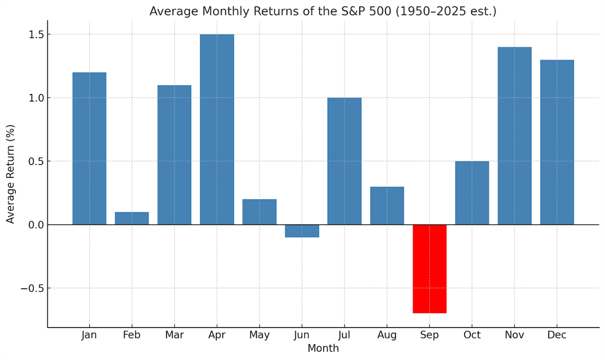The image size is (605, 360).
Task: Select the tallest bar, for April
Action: [x=217, y=129]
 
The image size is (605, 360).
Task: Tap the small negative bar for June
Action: [x=302, y=231]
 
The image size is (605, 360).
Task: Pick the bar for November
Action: [x=514, y=136]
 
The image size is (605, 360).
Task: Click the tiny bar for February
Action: [x=132, y=218]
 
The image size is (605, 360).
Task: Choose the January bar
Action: [x=89, y=148]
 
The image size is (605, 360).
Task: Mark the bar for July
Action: [x=344, y=161]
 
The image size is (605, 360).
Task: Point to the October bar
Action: [x=472, y=193]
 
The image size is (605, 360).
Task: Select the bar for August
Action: [x=387, y=206]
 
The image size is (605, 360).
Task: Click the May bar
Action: [x=259, y=212]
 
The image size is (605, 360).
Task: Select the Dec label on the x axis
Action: [x=557, y=335]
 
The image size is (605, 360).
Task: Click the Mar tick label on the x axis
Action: [x=174, y=335]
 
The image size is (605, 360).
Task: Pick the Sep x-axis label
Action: [x=430, y=335]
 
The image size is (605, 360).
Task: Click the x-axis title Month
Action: [x=323, y=348]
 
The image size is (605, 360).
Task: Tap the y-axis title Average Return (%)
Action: [x=11, y=174]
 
